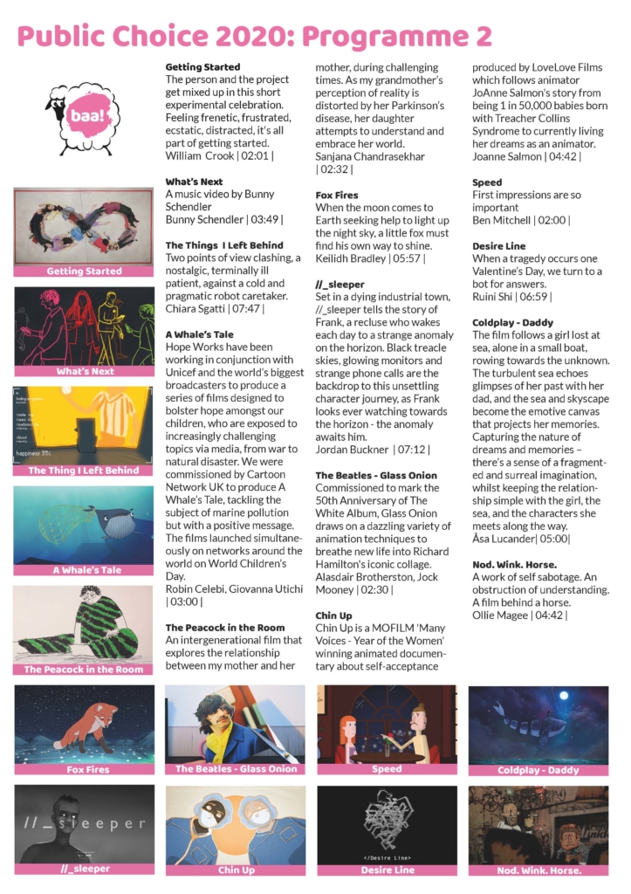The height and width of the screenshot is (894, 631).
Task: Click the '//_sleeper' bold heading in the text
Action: coord(340,285)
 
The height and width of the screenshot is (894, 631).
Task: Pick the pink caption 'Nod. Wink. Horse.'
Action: coord(539,870)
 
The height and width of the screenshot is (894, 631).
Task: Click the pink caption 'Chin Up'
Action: coord(236,870)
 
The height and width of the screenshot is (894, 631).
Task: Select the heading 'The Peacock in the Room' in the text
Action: coord(224,627)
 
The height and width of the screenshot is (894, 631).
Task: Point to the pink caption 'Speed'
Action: coord(387,769)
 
